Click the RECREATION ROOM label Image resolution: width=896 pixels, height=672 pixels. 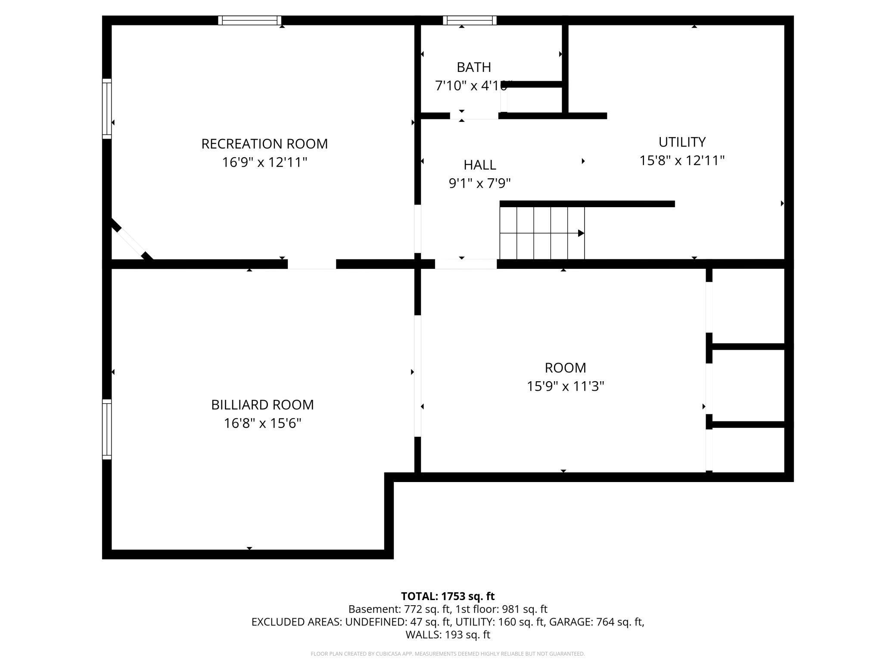click(264, 144)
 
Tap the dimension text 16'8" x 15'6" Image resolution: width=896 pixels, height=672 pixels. click(262, 423)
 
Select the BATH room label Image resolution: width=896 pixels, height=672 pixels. click(473, 68)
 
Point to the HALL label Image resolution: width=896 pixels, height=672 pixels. click(479, 165)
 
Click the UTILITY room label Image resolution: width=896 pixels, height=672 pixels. click(681, 142)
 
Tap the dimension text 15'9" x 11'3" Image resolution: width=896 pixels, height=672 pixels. click(565, 386)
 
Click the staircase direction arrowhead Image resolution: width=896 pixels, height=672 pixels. click(581, 233)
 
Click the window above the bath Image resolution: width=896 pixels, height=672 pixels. click(470, 20)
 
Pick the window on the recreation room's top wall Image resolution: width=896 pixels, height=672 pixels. click(249, 20)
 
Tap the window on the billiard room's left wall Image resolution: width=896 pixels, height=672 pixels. click(107, 429)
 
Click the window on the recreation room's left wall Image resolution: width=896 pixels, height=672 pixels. click(107, 109)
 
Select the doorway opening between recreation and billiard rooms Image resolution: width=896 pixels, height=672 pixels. click(311, 264)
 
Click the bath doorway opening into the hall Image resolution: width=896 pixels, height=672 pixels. click(474, 116)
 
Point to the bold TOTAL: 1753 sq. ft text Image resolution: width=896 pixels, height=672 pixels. click(448, 596)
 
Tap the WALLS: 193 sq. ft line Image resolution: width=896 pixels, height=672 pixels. click(448, 635)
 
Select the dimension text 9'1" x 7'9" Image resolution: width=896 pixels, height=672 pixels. click(479, 184)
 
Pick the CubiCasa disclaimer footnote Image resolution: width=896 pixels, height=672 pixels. click(448, 654)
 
